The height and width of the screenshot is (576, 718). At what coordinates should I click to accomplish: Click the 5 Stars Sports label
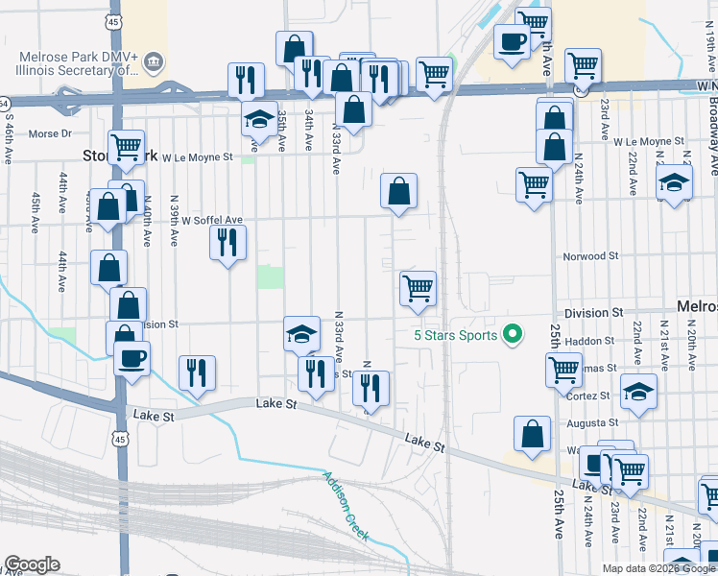455,335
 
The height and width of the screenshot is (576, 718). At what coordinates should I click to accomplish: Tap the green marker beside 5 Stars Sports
514,335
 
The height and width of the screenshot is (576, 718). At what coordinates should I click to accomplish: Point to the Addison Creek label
346,506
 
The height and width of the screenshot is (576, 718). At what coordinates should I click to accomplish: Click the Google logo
32,564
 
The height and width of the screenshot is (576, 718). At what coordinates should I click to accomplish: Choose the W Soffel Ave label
213,220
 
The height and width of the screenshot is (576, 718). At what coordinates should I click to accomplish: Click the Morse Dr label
51,133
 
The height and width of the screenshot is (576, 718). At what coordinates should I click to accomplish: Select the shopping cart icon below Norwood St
418,288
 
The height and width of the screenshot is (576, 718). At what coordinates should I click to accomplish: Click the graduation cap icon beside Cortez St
638,392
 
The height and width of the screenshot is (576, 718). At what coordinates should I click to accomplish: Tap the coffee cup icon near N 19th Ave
512,40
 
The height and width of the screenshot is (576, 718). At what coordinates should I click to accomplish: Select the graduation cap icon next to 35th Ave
258,119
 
